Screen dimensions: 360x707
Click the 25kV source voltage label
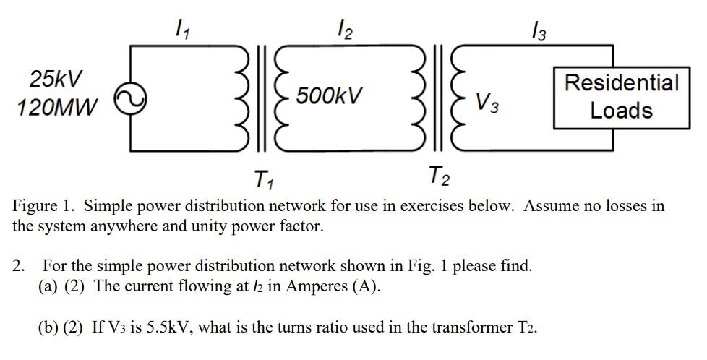pos(56,78)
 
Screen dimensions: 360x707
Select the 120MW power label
pos(56,108)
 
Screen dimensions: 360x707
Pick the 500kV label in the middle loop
pos(328,96)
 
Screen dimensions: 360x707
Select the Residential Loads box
pos(621,96)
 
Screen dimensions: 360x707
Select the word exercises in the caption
pos(427,206)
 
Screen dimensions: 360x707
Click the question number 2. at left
pos(20,265)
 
